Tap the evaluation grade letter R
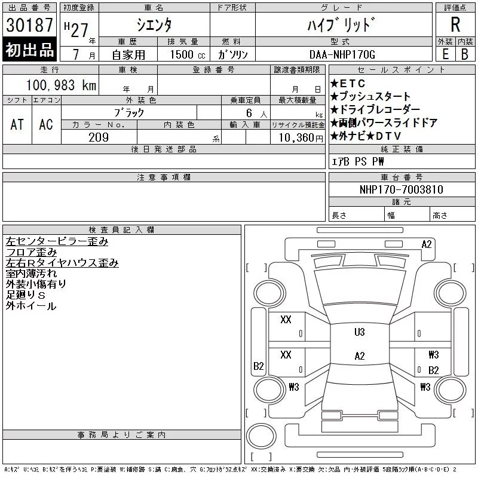(455, 25)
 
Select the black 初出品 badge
(29, 51)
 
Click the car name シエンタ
(154, 26)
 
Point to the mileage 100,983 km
(60, 85)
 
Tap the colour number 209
(99, 137)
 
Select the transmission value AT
(17, 124)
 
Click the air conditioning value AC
(46, 124)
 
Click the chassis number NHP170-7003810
(401, 189)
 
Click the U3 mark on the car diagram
(359, 332)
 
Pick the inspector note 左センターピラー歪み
(57, 242)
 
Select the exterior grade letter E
(445, 54)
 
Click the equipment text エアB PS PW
(358, 162)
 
